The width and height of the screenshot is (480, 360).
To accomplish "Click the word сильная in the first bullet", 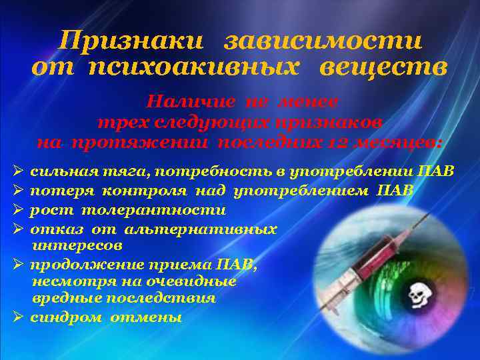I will click(x=60, y=172).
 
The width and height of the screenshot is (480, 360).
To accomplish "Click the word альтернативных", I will click(x=201, y=229).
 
